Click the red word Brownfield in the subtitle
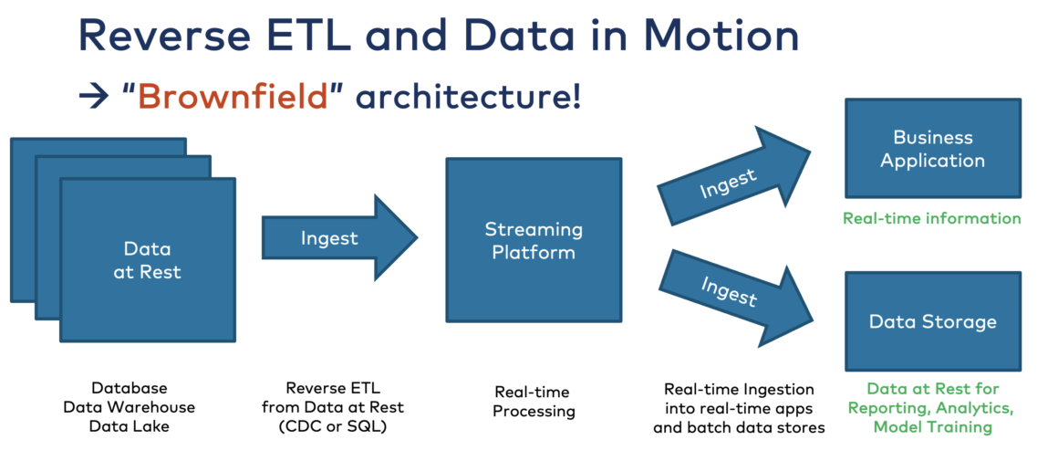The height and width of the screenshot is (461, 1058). [x=232, y=96]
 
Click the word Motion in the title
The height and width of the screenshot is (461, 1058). [x=721, y=34]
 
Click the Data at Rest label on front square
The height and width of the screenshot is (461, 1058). [x=147, y=260]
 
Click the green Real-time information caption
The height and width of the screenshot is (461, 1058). [x=931, y=218]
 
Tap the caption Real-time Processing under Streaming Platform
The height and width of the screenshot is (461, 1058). [x=534, y=401]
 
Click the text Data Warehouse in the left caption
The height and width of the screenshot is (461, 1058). [x=130, y=407]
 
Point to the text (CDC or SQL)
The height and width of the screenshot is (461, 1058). [x=332, y=426]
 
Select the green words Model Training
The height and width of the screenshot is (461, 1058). [x=932, y=426]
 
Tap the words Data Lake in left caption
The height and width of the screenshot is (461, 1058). [x=130, y=426]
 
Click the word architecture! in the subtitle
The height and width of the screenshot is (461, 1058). [x=468, y=96]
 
